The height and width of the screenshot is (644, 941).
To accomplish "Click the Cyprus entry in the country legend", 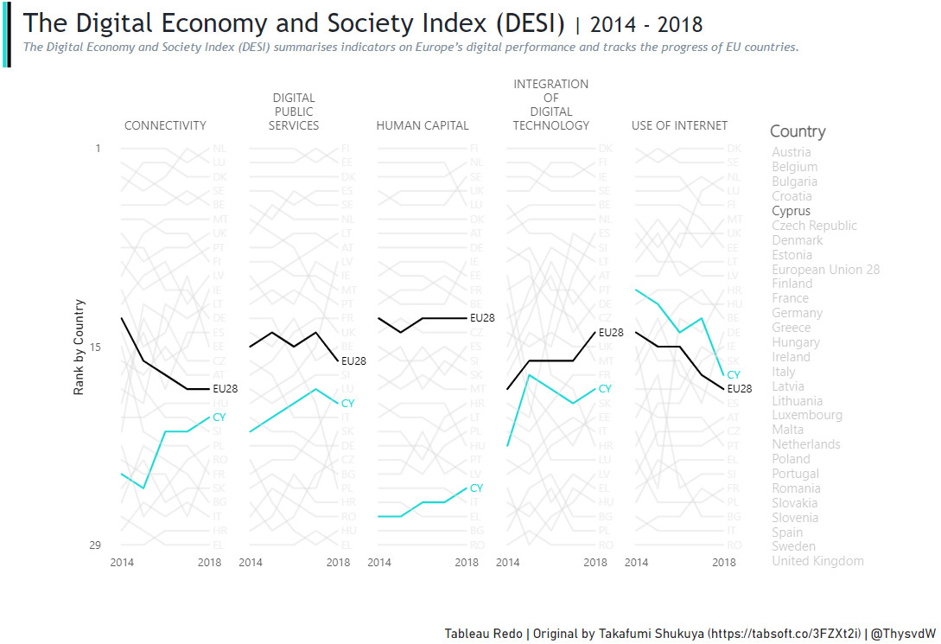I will click(x=791, y=211).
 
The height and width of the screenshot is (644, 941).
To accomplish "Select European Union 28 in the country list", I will click(x=825, y=269).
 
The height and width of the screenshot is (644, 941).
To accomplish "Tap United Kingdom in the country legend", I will click(x=817, y=561).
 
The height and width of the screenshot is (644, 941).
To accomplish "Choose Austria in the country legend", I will click(x=791, y=152).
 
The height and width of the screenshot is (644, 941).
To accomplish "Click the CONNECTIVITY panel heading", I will click(x=165, y=125).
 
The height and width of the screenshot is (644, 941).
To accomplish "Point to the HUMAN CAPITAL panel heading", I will click(x=422, y=125).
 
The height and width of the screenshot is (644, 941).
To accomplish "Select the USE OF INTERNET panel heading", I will click(x=679, y=125).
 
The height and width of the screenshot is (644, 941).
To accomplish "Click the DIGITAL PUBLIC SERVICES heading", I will click(x=294, y=112).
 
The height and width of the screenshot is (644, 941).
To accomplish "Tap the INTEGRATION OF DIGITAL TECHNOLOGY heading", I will click(x=550, y=105).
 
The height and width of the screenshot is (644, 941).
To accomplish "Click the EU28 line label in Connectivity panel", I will click(x=225, y=389).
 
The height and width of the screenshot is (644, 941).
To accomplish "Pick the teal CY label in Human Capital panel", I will click(x=476, y=488).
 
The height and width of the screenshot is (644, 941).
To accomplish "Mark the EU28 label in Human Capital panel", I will click(x=482, y=318).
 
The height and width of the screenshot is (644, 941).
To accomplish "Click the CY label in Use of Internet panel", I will click(x=734, y=375).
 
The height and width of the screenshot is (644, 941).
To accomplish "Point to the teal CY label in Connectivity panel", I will click(x=219, y=418).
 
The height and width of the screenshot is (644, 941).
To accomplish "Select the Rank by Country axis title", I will click(x=79, y=347).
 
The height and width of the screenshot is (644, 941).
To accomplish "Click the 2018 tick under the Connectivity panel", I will click(x=209, y=563).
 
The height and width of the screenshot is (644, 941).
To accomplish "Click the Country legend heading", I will click(x=798, y=131).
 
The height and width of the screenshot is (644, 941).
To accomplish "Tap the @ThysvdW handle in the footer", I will click(x=903, y=634).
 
